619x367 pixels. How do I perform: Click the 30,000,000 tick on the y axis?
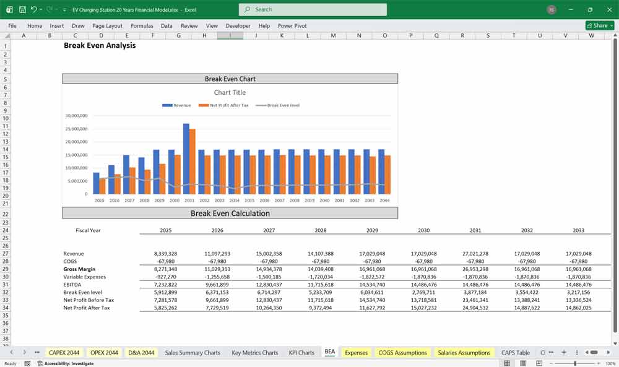point(76,116)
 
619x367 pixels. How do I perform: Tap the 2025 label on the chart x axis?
point(99,201)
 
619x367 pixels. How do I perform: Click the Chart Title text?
point(230,93)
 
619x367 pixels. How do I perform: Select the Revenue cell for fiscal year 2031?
point(475,254)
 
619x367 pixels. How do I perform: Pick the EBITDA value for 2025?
point(165,285)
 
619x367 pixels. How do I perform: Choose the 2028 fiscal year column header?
point(320,230)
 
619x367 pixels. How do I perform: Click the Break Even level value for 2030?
point(423,292)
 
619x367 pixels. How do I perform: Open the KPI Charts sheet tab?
point(301,353)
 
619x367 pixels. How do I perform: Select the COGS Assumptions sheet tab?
point(402,353)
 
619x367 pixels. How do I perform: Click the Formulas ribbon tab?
point(142,26)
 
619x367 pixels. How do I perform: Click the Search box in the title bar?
point(313,9)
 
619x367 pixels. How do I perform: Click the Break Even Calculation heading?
point(230,214)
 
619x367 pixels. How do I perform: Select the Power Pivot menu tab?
point(292,26)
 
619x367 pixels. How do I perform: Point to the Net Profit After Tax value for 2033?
point(578,308)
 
